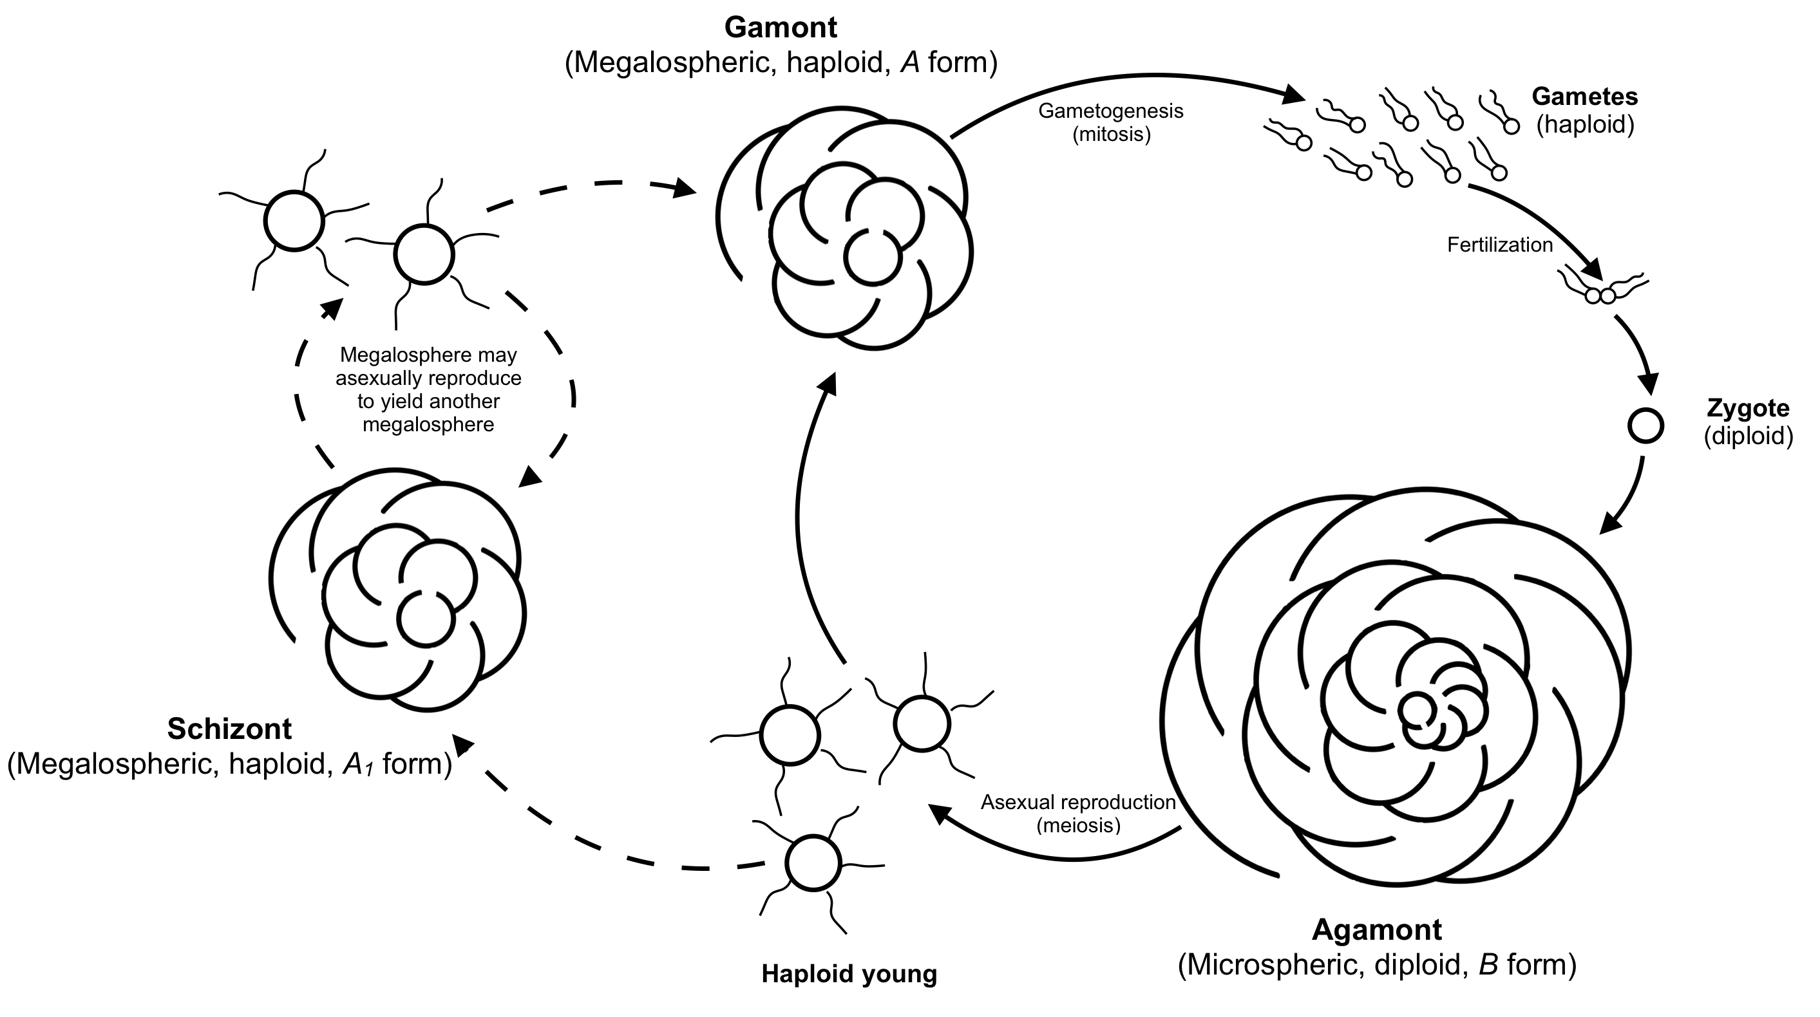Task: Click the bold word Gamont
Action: pyautogui.click(x=780, y=28)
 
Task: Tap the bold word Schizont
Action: pyautogui.click(x=230, y=729)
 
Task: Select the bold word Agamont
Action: pyautogui.click(x=1376, y=930)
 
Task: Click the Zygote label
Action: pyautogui.click(x=1748, y=408)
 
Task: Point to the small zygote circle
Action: pyautogui.click(x=1645, y=426)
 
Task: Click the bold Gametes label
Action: pyautogui.click(x=1585, y=96)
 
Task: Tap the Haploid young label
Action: pyautogui.click(x=849, y=974)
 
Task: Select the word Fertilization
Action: pyautogui.click(x=1499, y=245)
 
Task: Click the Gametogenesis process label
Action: pyautogui.click(x=1111, y=111)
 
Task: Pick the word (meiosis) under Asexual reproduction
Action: pyautogui.click(x=1078, y=825)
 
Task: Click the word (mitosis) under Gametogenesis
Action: pyautogui.click(x=1112, y=134)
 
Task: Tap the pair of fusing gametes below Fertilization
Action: pyautogui.click(x=1600, y=295)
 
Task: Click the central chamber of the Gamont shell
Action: pyautogui.click(x=873, y=257)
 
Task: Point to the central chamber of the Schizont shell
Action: pyautogui.click(x=425, y=619)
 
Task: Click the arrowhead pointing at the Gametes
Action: pyautogui.click(x=1293, y=94)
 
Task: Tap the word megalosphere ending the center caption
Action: pyautogui.click(x=428, y=424)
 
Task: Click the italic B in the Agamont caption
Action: pyautogui.click(x=1488, y=965)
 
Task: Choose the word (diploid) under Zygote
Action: pyautogui.click(x=1748, y=436)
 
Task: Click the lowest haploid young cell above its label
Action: pyautogui.click(x=813, y=863)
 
